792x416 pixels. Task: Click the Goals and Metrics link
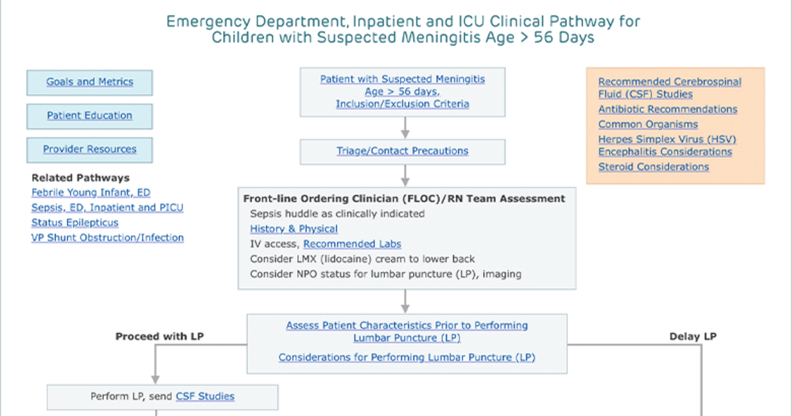coord(90,82)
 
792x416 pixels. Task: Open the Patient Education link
coord(90,116)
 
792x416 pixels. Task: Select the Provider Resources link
coord(90,149)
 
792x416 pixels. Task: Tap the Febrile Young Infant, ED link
coord(91,192)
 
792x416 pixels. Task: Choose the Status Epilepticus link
coord(75,223)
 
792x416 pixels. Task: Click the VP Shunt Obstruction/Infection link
coord(108,237)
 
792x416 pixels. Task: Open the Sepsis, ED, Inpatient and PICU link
coord(108,207)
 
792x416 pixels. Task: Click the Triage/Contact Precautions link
coord(403,151)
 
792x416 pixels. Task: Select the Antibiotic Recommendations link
coord(668,110)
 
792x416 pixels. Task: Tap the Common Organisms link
coord(648,125)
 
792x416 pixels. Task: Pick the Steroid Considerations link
coord(654,166)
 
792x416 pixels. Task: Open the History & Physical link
coord(294,229)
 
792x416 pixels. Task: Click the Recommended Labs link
coord(352,244)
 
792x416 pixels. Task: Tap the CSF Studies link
coord(205,396)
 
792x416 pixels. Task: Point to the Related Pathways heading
coord(81,178)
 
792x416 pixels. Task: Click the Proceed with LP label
coord(160,336)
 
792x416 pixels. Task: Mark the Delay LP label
coord(693,336)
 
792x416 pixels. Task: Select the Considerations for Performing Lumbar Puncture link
coord(407,357)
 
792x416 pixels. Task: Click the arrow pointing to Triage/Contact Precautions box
coord(405,127)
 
